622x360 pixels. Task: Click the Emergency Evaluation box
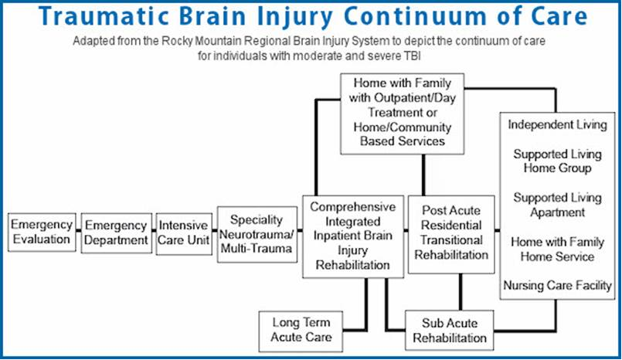(x=42, y=233)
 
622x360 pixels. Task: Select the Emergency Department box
(x=116, y=233)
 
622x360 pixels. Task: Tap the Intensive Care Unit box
(x=183, y=233)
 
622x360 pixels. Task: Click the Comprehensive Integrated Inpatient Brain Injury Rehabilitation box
(x=353, y=236)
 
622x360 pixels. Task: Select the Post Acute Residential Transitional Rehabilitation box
(x=450, y=234)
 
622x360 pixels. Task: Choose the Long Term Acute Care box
(x=301, y=330)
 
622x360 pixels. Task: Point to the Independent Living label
(x=556, y=124)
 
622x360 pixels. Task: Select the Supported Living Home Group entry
(x=552, y=161)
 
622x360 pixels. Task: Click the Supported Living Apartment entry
(x=552, y=205)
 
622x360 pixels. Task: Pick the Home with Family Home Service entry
(x=556, y=249)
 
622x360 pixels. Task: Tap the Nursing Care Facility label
(x=557, y=286)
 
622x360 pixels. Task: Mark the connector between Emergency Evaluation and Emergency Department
(x=79, y=233)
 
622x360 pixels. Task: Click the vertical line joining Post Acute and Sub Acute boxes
(x=461, y=293)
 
